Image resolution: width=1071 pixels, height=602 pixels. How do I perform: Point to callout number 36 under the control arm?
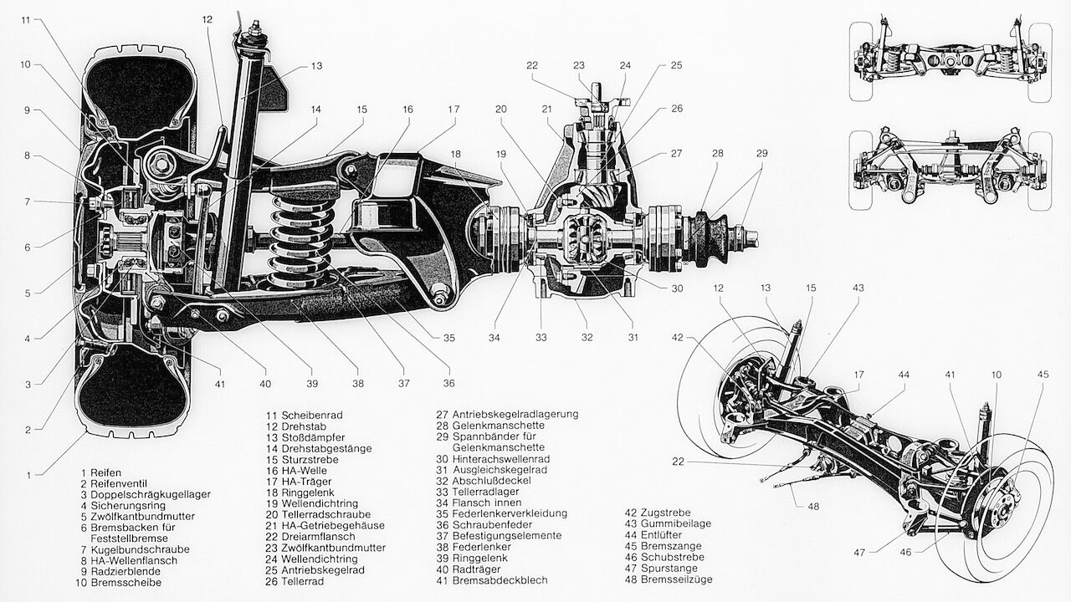point(449,383)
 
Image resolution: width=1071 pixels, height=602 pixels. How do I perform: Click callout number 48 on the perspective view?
point(813,506)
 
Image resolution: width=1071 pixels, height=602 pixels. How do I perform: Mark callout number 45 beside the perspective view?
point(1043,375)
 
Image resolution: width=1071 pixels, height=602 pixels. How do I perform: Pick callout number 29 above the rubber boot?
point(761,154)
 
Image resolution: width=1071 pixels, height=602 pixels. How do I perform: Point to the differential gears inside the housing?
point(586,238)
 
